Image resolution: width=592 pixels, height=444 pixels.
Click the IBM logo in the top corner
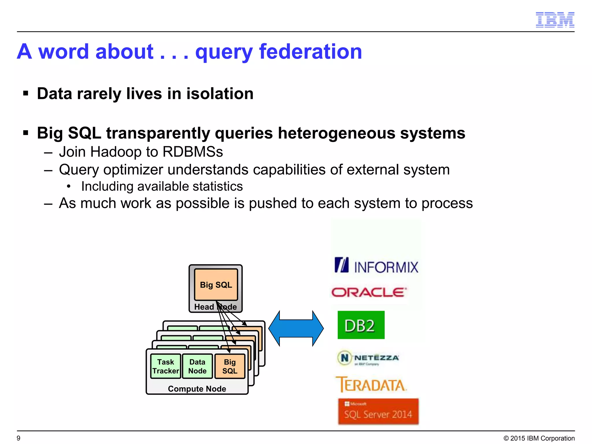click(555, 20)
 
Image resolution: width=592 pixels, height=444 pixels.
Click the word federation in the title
click(310, 51)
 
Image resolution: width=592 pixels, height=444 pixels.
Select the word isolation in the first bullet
click(220, 94)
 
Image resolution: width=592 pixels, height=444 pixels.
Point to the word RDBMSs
click(193, 152)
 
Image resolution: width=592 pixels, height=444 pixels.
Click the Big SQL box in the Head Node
click(216, 285)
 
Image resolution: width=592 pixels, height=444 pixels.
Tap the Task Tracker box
click(166, 366)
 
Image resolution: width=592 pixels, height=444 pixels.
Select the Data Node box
click(197, 366)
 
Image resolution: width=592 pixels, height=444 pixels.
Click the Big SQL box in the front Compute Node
click(230, 366)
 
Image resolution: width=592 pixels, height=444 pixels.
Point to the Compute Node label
click(197, 389)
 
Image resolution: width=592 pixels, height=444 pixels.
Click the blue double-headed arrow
click(296, 328)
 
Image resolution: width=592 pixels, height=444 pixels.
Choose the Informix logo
click(376, 265)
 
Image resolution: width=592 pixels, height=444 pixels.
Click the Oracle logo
click(369, 293)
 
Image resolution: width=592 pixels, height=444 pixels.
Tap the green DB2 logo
click(361, 325)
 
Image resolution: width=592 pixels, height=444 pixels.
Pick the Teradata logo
click(371, 385)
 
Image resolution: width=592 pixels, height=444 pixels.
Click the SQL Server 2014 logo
click(378, 411)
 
